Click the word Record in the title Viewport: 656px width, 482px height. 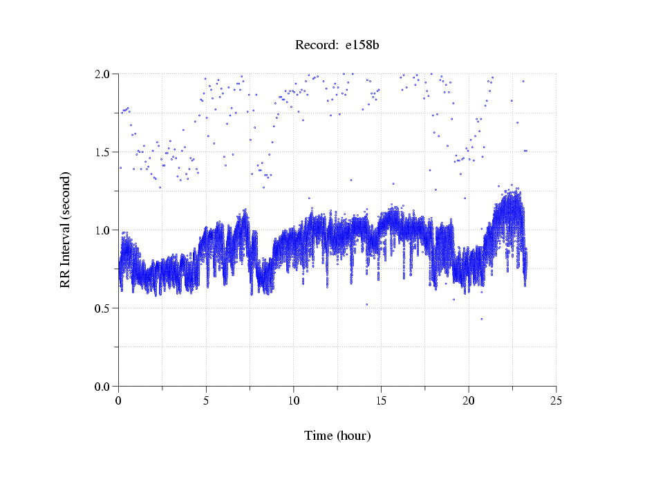314,46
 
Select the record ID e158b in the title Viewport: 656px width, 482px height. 362,46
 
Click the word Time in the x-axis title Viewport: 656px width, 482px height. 318,436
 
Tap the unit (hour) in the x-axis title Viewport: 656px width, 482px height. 354,436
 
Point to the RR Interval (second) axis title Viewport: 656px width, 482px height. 65,229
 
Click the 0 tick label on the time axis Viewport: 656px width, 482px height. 119,400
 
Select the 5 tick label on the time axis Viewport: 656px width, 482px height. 206,400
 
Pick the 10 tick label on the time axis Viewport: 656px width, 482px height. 294,400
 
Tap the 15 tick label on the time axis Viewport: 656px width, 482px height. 381,400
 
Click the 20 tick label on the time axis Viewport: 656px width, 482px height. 469,400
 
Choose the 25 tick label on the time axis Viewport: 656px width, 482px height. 556,400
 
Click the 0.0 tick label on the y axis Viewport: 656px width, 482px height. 103,387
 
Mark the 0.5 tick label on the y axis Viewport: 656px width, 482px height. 103,308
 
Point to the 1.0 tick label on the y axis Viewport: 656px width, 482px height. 103,230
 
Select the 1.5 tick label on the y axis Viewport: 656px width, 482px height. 103,152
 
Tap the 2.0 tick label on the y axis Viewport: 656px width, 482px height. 103,74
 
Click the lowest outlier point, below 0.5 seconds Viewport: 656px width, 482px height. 482,319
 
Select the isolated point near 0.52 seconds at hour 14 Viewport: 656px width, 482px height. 366,304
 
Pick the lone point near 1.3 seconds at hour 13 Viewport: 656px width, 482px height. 351,180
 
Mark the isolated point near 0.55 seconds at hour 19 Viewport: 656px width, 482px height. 453,299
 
